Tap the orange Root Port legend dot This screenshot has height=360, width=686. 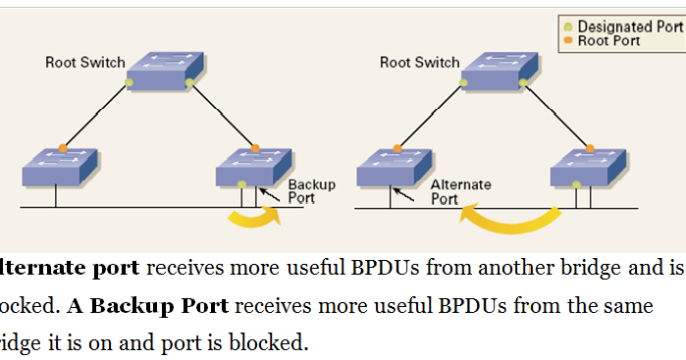point(567,41)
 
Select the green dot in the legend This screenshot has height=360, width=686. point(567,26)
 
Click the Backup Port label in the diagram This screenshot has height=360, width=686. point(311,191)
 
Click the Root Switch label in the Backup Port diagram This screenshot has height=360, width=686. point(85,63)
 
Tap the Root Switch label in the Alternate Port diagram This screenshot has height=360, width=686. point(420,63)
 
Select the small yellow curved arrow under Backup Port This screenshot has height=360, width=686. point(253,218)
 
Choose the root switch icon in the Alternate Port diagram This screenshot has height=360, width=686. point(499,70)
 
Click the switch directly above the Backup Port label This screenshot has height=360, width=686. point(253,166)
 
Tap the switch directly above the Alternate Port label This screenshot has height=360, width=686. point(394,166)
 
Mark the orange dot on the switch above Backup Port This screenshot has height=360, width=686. point(254,148)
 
